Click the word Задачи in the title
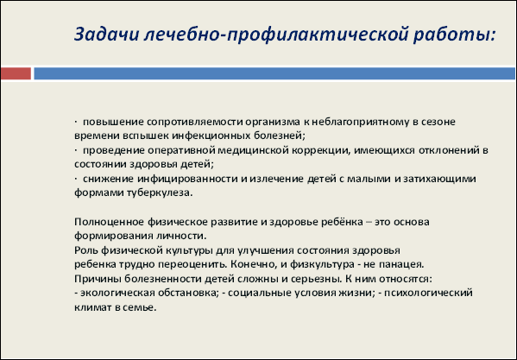point(106,34)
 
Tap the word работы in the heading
point(454,34)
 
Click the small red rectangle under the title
point(16,73)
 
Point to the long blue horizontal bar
point(274,73)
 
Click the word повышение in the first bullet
point(113,122)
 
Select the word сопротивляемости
point(194,122)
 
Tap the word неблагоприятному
point(361,122)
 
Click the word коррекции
point(320,151)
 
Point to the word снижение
point(109,179)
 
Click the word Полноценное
point(109,222)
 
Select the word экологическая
point(117,293)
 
